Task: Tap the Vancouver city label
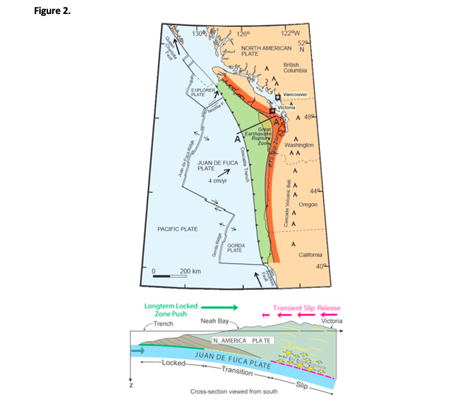coord(295,95)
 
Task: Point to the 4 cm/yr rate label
coord(219,181)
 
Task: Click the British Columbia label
coord(295,67)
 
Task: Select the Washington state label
coord(299,144)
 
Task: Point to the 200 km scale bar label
coord(191,271)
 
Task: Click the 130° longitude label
coord(197,33)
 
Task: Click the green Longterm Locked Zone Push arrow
coord(219,307)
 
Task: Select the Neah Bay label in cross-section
coord(214,321)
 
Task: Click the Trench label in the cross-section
coord(163,323)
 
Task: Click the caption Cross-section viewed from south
coord(234,392)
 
